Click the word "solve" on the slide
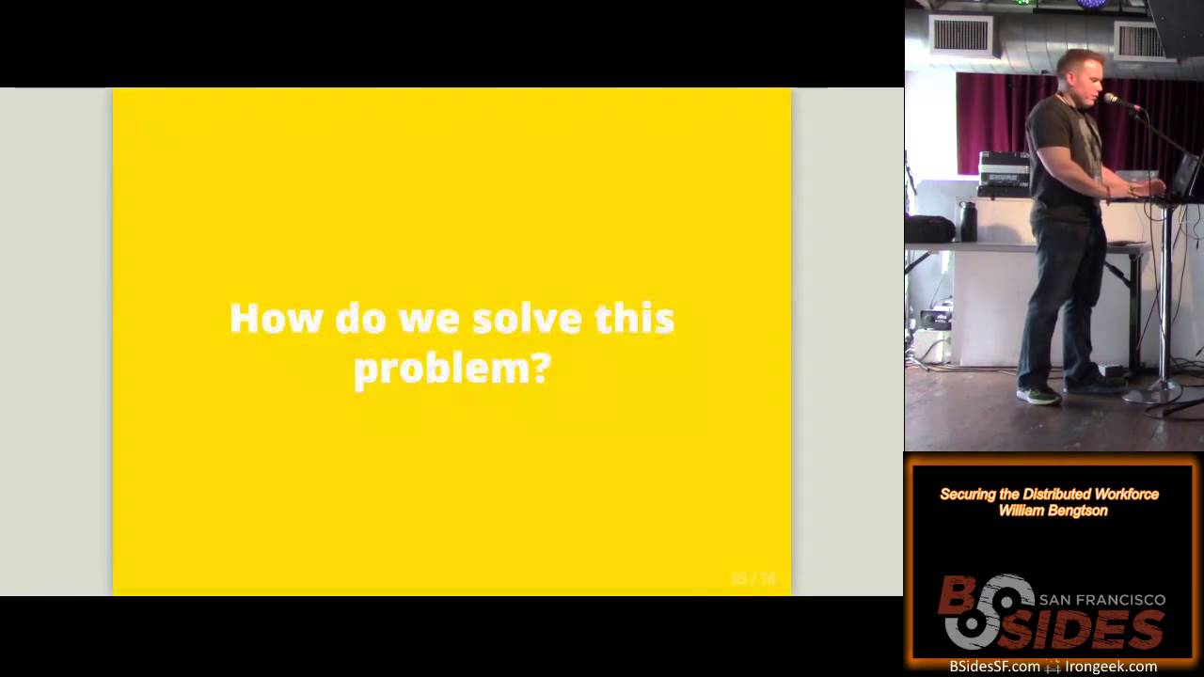click(527, 319)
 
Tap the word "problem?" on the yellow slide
click(451, 369)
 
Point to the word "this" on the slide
click(634, 319)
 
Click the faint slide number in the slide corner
click(752, 578)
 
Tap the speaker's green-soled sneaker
click(1038, 396)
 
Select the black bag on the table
click(929, 228)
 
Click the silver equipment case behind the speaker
click(1005, 173)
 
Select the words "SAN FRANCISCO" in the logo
click(1101, 600)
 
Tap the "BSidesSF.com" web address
click(994, 667)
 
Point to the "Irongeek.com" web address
click(1111, 667)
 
